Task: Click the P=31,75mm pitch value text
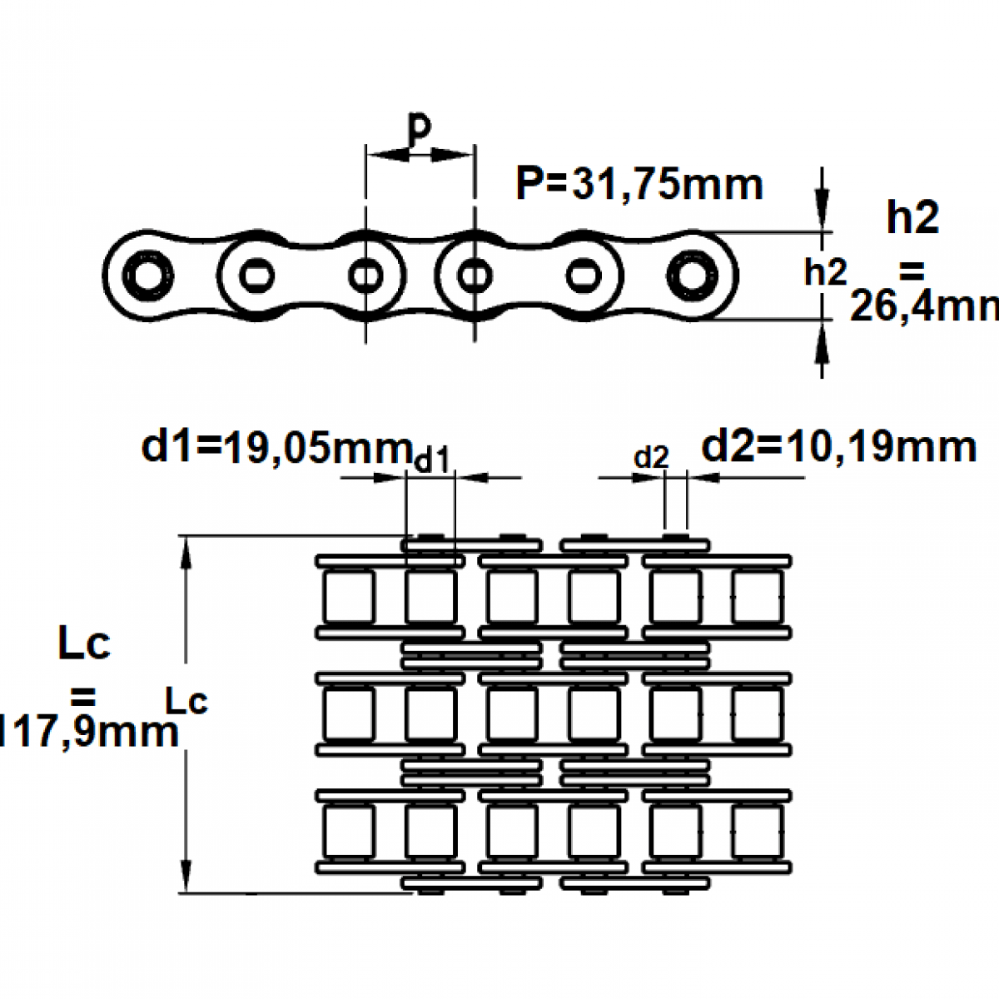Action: pyautogui.click(x=639, y=184)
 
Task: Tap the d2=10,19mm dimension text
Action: pyautogui.click(x=838, y=447)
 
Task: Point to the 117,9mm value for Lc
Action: pyautogui.click(x=88, y=733)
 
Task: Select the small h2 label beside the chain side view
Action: pyautogui.click(x=825, y=272)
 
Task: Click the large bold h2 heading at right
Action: pyautogui.click(x=912, y=218)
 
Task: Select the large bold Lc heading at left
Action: pyautogui.click(x=84, y=645)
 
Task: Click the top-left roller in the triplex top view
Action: pyautogui.click(x=349, y=597)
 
